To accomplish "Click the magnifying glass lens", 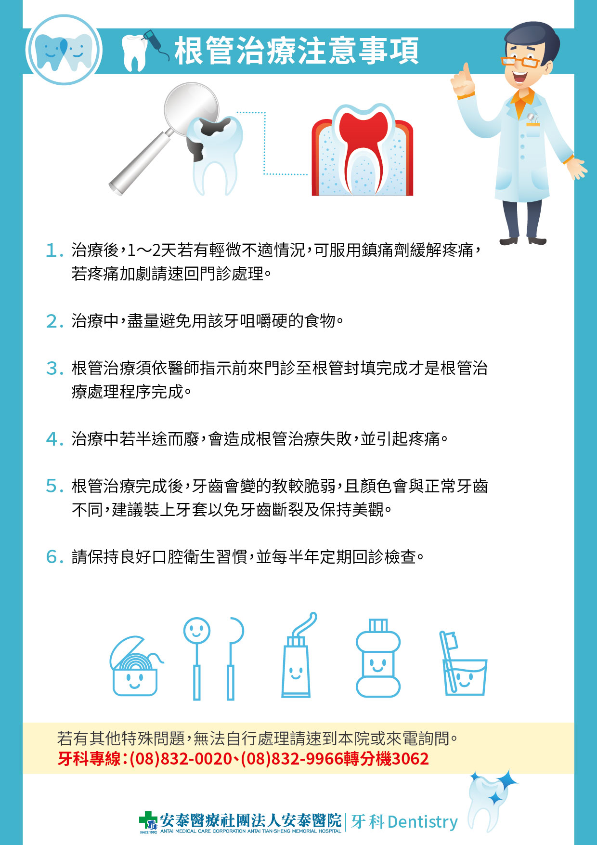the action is tap(191, 109).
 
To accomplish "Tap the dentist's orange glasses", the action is tap(520, 61).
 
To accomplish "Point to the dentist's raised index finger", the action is tap(466, 72).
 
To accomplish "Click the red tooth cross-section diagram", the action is tap(362, 150).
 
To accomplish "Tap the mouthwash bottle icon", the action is tap(378, 658).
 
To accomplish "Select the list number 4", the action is tap(54, 439).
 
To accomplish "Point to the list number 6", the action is tap(54, 557).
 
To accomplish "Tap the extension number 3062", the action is tap(410, 759).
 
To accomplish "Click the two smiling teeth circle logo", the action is tap(64, 50).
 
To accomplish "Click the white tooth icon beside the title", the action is tap(134, 52).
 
